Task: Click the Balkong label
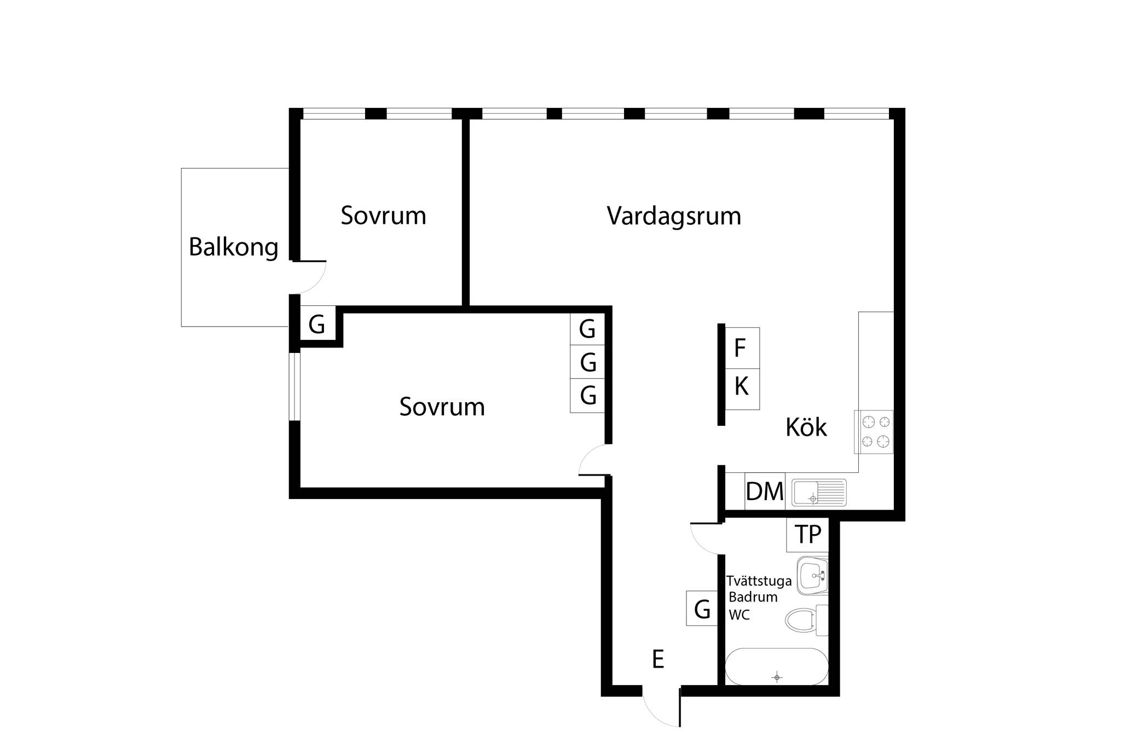[234, 248]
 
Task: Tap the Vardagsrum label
[674, 216]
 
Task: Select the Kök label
[806, 427]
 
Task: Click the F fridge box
[742, 348]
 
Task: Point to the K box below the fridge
[742, 389]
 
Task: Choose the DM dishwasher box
[765, 491]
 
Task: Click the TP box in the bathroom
[807, 535]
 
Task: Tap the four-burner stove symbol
[874, 432]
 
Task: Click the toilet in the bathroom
[807, 621]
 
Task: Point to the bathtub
[777, 667]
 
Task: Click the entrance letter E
[658, 659]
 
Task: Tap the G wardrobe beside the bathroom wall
[702, 608]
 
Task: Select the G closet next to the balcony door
[317, 325]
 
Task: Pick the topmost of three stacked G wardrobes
[587, 329]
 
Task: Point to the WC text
[739, 615]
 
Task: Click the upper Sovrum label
[383, 216]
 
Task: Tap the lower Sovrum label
[442, 407]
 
